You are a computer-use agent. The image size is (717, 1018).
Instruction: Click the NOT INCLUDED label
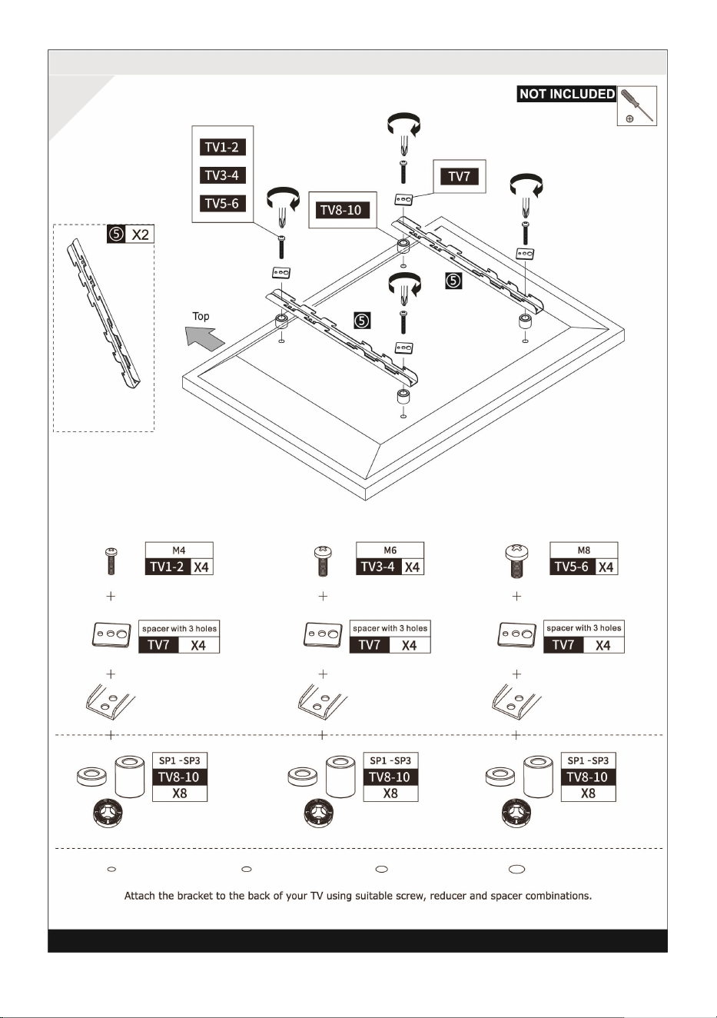coord(566,94)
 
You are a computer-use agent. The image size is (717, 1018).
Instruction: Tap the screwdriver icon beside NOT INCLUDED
coord(636,105)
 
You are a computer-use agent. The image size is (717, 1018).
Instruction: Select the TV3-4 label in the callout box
coord(223,175)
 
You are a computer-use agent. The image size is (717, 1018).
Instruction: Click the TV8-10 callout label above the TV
coord(343,210)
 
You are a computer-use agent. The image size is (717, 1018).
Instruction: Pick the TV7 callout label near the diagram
coord(460,176)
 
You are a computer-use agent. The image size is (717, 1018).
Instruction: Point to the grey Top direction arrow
coord(204,338)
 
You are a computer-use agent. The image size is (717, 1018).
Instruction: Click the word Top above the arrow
coord(201,316)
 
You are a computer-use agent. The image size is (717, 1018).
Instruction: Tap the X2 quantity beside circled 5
coord(140,235)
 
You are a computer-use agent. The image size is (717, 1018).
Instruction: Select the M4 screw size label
coord(178,551)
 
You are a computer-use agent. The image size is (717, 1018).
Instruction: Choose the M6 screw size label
coord(390,551)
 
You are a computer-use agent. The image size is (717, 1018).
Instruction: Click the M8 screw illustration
coord(516,562)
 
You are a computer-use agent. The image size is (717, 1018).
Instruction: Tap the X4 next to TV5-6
coord(606,567)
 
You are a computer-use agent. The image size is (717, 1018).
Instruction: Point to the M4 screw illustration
coord(111,561)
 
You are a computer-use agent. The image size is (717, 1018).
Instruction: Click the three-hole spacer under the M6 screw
coord(323,634)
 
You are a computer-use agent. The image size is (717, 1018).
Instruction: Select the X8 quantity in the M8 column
coord(588,793)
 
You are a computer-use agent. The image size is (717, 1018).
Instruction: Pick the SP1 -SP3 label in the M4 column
coord(180,760)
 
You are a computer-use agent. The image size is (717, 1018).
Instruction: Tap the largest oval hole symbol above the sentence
coord(516,869)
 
